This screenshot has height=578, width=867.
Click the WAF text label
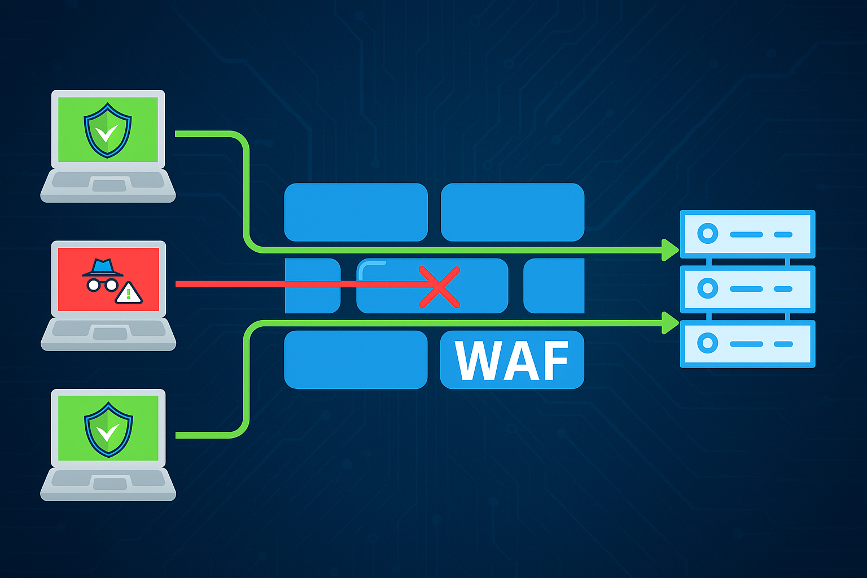[511, 361]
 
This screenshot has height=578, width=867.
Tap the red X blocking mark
[440, 287]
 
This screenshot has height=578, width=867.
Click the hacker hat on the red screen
[102, 268]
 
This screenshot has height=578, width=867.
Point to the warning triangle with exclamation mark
[129, 294]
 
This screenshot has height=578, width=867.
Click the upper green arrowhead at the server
[670, 249]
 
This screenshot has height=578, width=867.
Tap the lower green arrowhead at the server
[670, 322]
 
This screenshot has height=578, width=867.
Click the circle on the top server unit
[707, 234]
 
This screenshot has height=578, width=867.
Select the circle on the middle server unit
[707, 288]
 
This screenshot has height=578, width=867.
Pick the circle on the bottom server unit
[707, 343]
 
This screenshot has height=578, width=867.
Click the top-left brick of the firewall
[356, 212]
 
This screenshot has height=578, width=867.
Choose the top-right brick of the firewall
[512, 212]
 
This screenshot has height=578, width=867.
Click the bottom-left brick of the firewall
[356, 360]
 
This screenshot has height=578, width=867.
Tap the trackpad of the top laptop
[110, 185]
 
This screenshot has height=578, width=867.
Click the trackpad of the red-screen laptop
[110, 334]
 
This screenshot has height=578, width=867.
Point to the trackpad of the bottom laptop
[110, 483]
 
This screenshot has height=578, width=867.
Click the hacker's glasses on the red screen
[102, 284]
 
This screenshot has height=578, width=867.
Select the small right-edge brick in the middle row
[554, 286]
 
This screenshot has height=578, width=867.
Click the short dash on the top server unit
[782, 234]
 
